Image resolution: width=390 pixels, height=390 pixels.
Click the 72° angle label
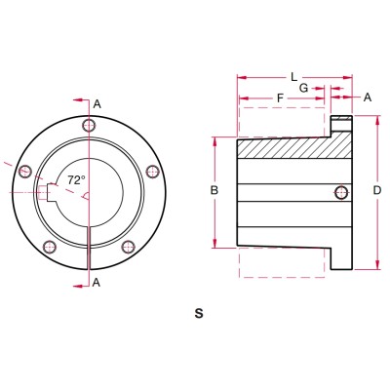[x=76, y=180]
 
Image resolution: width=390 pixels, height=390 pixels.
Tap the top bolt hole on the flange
[x=90, y=125]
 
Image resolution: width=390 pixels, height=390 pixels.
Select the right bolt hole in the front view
[x=151, y=173]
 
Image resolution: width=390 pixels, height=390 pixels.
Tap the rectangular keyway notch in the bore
[x=50, y=190]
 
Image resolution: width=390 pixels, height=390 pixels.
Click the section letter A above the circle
[x=97, y=103]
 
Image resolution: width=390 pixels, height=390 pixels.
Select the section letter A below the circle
[x=97, y=282]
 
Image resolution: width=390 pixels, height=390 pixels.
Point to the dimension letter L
[x=292, y=75]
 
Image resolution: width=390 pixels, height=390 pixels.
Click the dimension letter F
[x=281, y=97]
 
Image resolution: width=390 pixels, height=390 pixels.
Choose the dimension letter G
[x=304, y=88]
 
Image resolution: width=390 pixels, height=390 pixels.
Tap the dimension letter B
[x=214, y=191]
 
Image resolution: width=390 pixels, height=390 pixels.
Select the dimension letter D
[x=376, y=191]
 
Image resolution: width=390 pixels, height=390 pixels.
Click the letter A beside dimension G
[x=368, y=97]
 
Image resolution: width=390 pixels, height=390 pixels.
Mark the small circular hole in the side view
[x=339, y=191]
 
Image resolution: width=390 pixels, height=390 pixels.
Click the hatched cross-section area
[x=292, y=148]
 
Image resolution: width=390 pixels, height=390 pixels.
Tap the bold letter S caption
[x=199, y=314]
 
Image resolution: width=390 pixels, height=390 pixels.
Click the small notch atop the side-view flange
[x=340, y=121]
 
